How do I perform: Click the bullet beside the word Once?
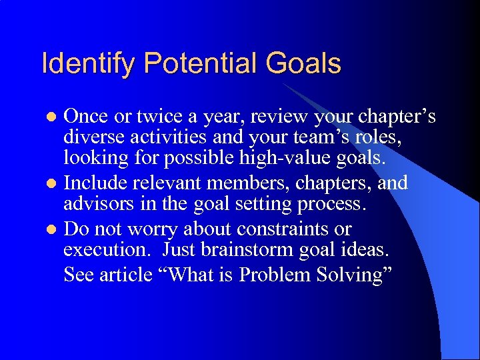click(54, 118)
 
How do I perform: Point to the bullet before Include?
click(54, 183)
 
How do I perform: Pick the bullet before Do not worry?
click(54, 230)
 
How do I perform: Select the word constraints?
click(275, 229)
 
